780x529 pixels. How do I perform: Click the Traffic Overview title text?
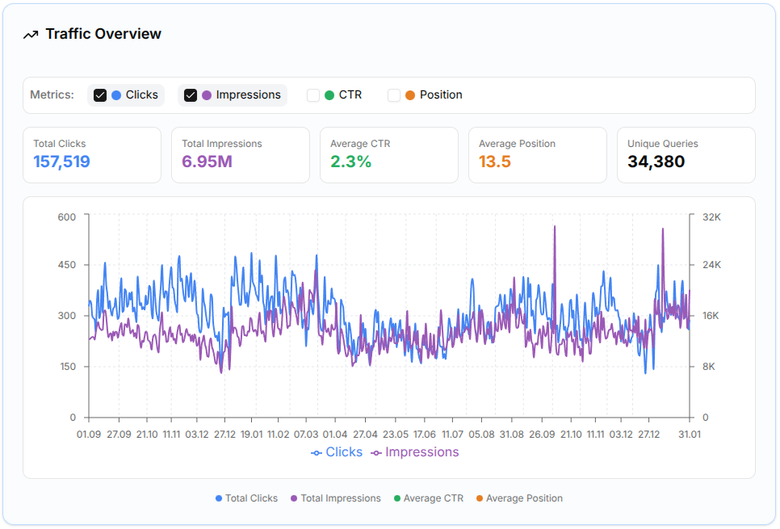pyautogui.click(x=103, y=34)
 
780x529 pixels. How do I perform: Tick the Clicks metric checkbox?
pyautogui.click(x=100, y=95)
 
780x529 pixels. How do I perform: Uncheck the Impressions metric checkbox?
pyautogui.click(x=191, y=95)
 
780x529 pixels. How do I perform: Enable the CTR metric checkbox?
pyautogui.click(x=313, y=95)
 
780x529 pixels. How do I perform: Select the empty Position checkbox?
pyautogui.click(x=394, y=95)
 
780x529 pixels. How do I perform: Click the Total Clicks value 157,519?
pyautogui.click(x=61, y=162)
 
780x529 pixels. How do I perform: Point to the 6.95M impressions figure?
pyautogui.click(x=207, y=162)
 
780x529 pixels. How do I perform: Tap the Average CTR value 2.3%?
pyautogui.click(x=350, y=162)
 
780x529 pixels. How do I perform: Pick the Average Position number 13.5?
pyautogui.click(x=494, y=162)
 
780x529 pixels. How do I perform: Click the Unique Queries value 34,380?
pyautogui.click(x=656, y=162)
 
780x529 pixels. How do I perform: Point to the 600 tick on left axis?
pyautogui.click(x=66, y=216)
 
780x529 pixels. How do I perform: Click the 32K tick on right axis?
pyautogui.click(x=711, y=216)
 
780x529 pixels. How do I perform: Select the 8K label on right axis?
pyautogui.click(x=708, y=367)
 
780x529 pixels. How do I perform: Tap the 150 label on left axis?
pyautogui.click(x=66, y=367)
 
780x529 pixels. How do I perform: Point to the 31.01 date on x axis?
pyautogui.click(x=690, y=434)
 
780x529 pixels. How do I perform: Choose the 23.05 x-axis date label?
pyautogui.click(x=396, y=434)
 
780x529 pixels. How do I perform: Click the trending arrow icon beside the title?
pyautogui.click(x=31, y=35)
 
